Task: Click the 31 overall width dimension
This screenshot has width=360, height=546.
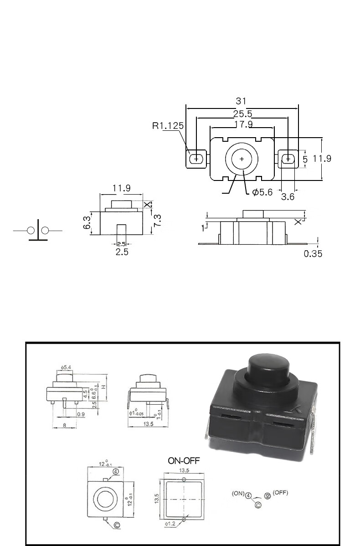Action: (x=242, y=101)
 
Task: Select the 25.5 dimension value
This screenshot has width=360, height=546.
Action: (x=242, y=114)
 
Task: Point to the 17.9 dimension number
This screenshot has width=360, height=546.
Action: (x=243, y=124)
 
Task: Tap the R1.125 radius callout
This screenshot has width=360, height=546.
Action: (x=167, y=125)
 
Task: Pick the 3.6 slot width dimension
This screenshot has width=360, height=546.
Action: (x=288, y=197)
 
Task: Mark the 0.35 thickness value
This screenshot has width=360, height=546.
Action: (x=313, y=253)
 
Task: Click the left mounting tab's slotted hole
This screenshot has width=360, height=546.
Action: (x=196, y=159)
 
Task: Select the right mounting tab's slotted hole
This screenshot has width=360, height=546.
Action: (x=288, y=159)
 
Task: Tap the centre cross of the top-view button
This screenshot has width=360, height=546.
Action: (x=242, y=159)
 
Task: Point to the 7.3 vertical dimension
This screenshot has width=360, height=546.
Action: (x=157, y=222)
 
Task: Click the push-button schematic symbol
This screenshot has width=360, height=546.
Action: (x=38, y=231)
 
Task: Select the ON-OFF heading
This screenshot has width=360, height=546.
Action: (x=184, y=460)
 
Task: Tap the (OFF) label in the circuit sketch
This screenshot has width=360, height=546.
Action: (x=280, y=493)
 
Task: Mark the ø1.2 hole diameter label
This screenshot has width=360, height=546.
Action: (x=171, y=524)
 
